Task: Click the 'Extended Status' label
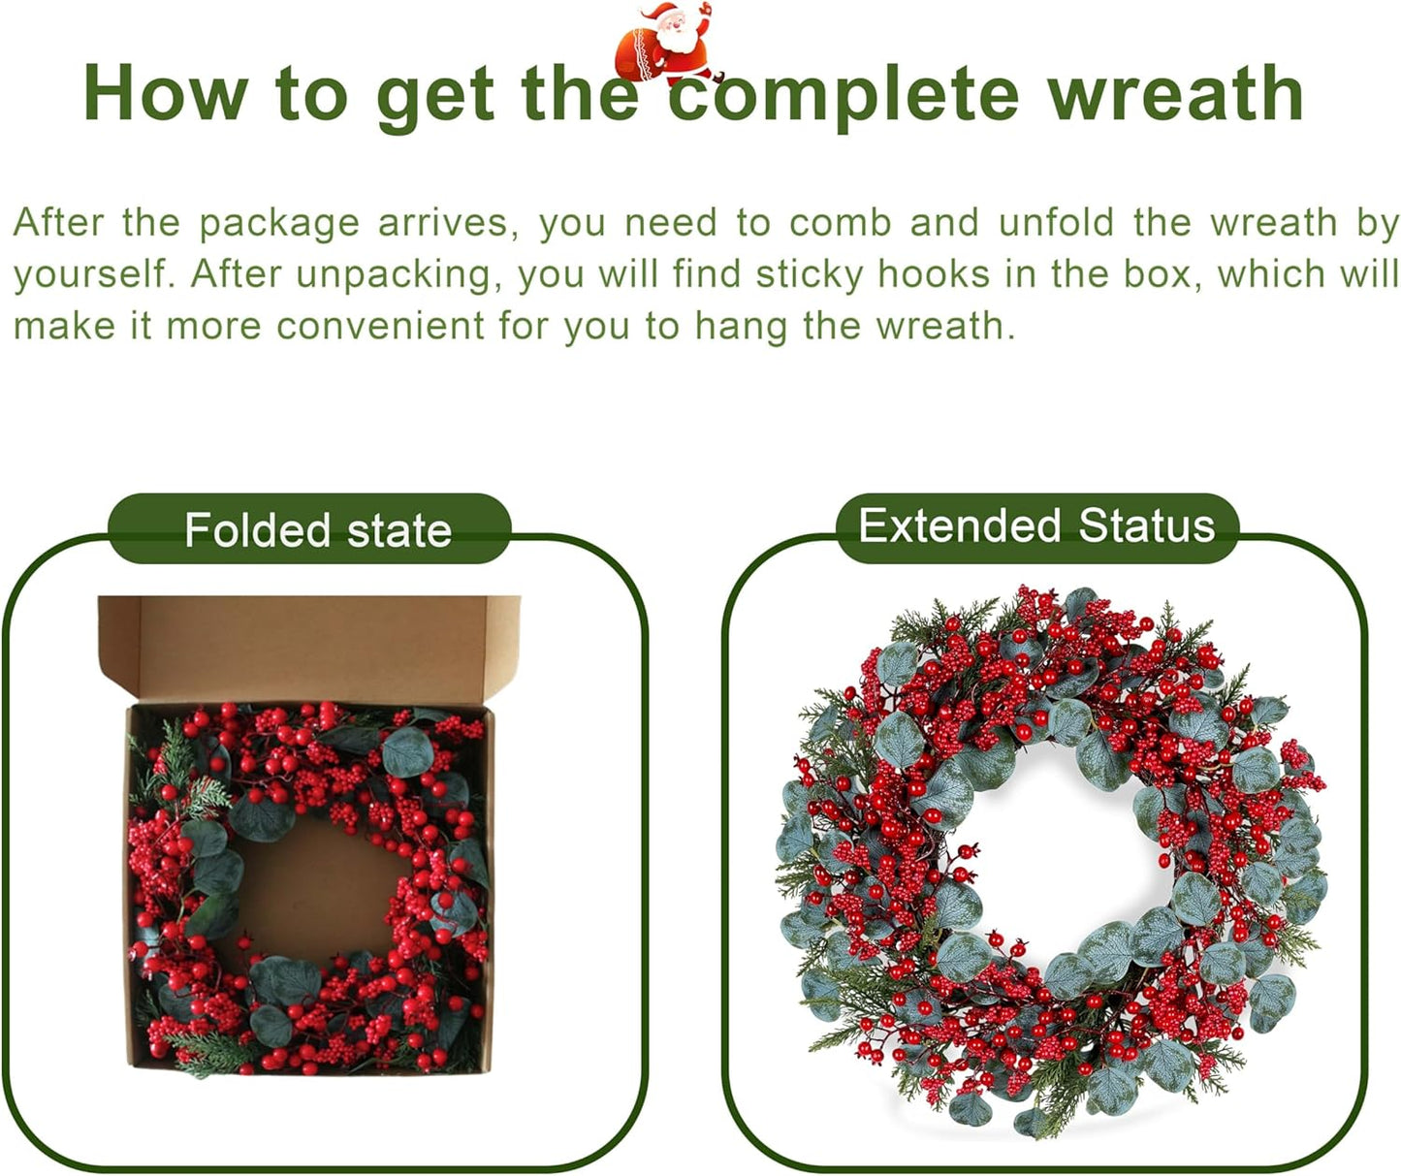1035,526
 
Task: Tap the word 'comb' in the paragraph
840,223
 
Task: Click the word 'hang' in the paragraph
742,327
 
